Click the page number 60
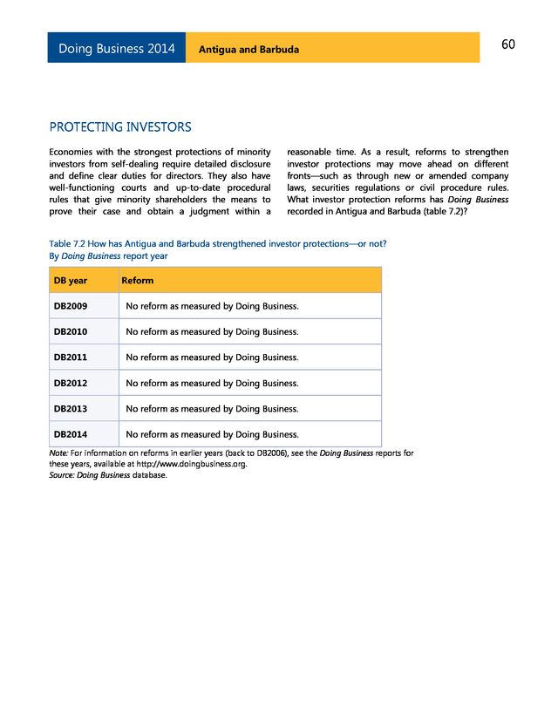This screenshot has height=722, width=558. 507,45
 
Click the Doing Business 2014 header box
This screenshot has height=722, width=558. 117,49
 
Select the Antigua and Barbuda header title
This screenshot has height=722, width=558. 248,50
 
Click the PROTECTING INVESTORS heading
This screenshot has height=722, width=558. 120,127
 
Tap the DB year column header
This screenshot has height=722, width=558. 71,281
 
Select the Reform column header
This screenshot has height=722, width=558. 138,281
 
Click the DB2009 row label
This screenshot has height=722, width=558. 71,306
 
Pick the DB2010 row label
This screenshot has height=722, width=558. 71,331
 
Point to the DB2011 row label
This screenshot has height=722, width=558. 71,358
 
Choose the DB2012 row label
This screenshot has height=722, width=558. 71,383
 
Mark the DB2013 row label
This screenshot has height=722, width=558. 71,408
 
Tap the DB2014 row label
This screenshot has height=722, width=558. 71,434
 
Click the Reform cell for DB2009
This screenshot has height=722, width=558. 213,306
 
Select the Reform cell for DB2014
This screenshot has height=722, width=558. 213,434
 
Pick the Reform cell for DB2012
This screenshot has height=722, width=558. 213,383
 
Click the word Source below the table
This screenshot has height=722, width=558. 61,475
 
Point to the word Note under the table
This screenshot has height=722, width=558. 58,453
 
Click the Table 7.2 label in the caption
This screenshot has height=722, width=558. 69,244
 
